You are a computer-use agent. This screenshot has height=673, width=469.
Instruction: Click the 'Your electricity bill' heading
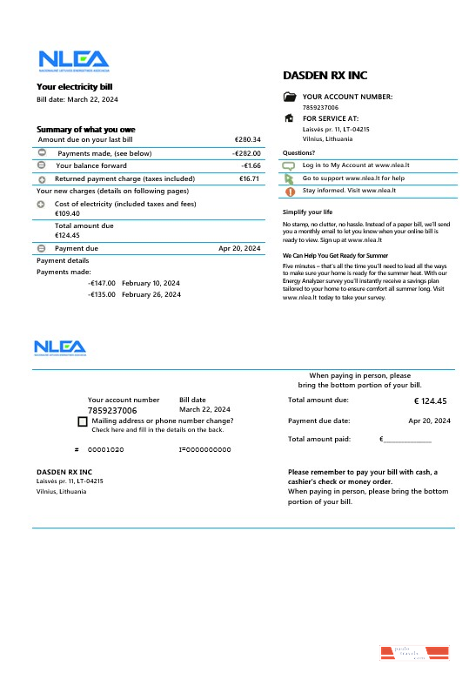click(x=74, y=86)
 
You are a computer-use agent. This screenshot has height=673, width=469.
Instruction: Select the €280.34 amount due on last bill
click(x=247, y=139)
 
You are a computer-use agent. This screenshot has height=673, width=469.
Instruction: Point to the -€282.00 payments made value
click(x=246, y=153)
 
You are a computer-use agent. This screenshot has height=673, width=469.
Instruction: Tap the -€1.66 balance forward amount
click(x=251, y=165)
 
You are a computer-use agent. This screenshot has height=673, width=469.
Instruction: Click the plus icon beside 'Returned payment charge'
click(x=42, y=178)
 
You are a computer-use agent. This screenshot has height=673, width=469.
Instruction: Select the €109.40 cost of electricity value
click(x=67, y=213)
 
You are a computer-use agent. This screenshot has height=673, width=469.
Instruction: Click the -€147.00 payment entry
click(x=102, y=283)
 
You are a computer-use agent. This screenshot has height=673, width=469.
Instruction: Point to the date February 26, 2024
click(x=151, y=294)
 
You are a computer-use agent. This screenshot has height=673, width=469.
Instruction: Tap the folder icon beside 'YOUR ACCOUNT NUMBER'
click(x=290, y=98)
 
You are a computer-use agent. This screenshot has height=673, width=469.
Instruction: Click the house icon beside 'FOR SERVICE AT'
click(x=290, y=118)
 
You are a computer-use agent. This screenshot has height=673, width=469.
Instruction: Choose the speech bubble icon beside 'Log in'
click(x=290, y=165)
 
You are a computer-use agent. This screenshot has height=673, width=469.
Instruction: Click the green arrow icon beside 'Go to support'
click(x=290, y=178)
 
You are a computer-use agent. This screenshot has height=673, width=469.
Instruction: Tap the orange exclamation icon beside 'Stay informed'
click(x=290, y=191)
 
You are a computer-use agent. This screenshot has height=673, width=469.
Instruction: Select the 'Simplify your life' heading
click(x=307, y=212)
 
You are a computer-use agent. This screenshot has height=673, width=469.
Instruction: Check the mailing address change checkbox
click(x=82, y=421)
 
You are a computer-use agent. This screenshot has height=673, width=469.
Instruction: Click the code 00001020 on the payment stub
click(x=105, y=449)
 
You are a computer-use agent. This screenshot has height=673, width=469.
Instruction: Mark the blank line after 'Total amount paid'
click(x=407, y=441)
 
